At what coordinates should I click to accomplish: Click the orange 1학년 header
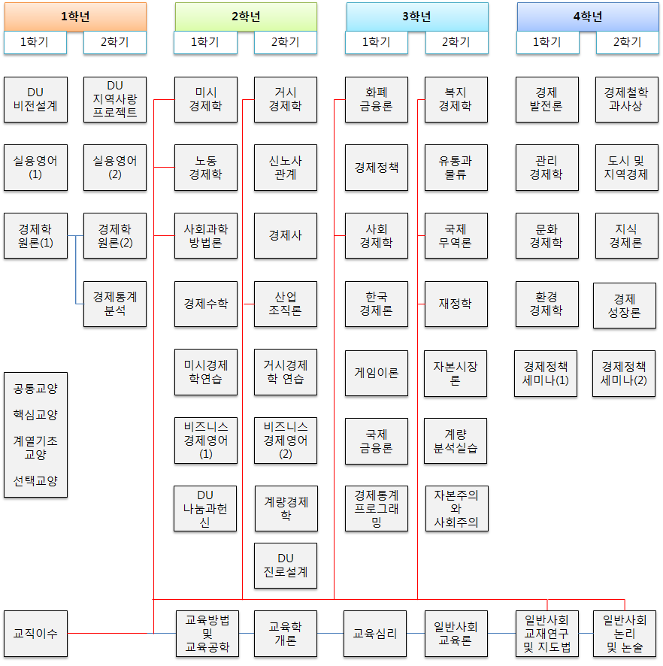[74, 17]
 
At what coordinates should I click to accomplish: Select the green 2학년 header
[246, 17]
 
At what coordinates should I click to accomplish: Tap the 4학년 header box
[587, 17]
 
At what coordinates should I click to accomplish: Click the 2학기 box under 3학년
[456, 42]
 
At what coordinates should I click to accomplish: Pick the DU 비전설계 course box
[35, 99]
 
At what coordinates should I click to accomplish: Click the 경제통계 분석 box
[115, 304]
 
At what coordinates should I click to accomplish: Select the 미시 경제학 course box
[206, 99]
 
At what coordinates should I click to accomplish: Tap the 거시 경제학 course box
[286, 99]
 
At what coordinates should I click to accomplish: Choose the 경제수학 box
[206, 304]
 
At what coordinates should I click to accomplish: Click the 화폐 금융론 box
[377, 99]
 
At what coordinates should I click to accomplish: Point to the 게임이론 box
[377, 373]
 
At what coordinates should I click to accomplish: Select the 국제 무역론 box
[456, 235]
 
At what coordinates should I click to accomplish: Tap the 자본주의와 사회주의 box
[456, 509]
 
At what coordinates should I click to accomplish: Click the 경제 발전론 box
[547, 99]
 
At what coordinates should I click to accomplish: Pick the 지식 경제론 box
[627, 235]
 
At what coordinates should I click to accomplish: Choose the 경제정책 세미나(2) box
[624, 373]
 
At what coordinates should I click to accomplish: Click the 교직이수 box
[35, 634]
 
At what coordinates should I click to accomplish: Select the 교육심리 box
[375, 634]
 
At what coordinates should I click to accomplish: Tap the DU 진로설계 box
[286, 565]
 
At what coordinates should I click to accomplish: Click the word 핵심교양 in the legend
[35, 414]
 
